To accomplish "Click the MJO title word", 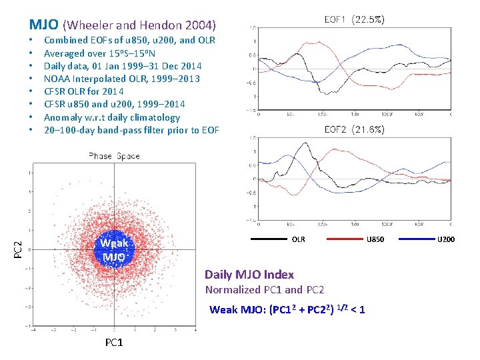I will coord(44,25).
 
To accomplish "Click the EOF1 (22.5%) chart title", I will coord(353,20).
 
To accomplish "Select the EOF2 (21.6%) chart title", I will coord(353,130).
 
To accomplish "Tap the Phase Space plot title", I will coord(114,156).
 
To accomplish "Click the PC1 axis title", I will coord(114,343).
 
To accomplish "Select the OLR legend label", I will coord(299,239).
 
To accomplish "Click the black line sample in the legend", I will coord(269,239).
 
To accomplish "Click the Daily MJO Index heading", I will coord(249,275).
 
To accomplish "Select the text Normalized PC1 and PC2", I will coord(265,290).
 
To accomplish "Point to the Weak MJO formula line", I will coord(287,309).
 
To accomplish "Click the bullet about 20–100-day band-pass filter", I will coord(131,130).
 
